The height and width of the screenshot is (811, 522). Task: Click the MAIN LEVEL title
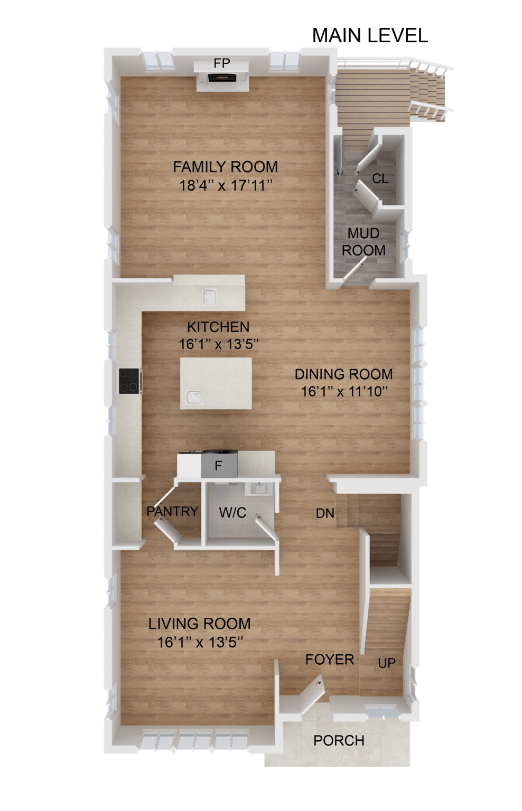370,35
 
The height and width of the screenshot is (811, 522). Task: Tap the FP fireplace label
222,63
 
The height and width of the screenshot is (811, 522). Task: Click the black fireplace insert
221,78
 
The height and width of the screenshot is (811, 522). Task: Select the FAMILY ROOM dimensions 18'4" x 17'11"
226,185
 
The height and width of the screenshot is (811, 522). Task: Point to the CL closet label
380,178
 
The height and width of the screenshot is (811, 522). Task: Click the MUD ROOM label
363,242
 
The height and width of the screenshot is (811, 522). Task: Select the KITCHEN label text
218,327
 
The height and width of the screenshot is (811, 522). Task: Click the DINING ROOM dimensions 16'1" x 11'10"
344,392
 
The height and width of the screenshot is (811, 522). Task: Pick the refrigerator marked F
218,466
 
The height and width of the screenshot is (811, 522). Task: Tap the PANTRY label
172,511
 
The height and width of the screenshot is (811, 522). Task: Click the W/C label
233,513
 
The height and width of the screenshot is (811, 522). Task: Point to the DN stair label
325,513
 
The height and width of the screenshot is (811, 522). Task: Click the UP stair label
387,663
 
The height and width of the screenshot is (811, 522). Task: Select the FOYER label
330,659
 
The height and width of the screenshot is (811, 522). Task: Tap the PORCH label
339,741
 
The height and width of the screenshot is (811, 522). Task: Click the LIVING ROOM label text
199,624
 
